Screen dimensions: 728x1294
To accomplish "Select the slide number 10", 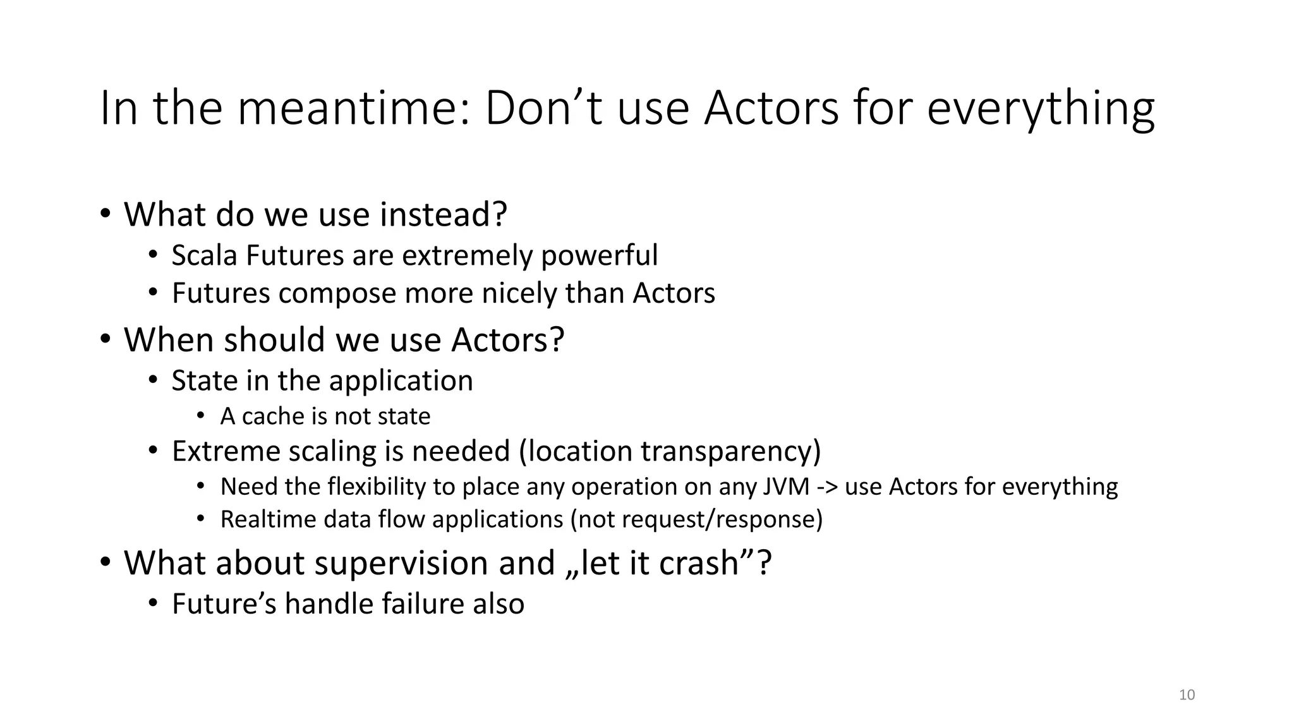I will click(1187, 695).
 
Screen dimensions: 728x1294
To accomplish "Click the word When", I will click(169, 340).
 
